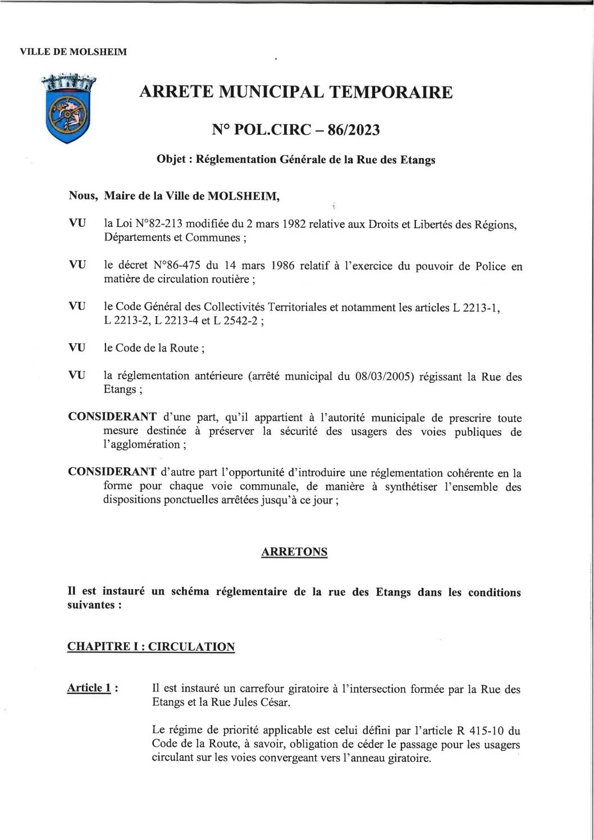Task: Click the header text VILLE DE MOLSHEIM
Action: coord(73,52)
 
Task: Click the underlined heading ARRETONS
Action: coord(294,551)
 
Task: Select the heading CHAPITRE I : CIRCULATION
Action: coord(151,646)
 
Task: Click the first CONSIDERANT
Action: coord(112,417)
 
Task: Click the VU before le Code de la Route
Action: coord(77,348)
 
